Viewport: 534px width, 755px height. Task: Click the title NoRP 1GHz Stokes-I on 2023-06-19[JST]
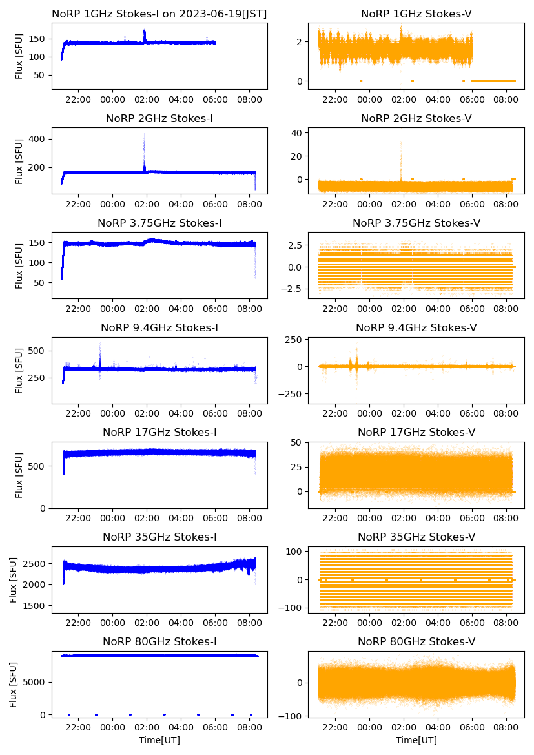(159, 14)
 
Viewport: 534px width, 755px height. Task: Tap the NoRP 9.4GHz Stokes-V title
(416, 328)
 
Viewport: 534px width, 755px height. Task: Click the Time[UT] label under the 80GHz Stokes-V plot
(416, 740)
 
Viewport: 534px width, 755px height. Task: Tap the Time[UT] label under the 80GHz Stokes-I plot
(159, 740)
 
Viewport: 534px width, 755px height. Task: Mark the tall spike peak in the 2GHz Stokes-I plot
(144, 134)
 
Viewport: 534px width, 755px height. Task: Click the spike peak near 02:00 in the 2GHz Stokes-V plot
(401, 142)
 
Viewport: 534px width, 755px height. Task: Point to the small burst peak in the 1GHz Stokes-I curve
(145, 31)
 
